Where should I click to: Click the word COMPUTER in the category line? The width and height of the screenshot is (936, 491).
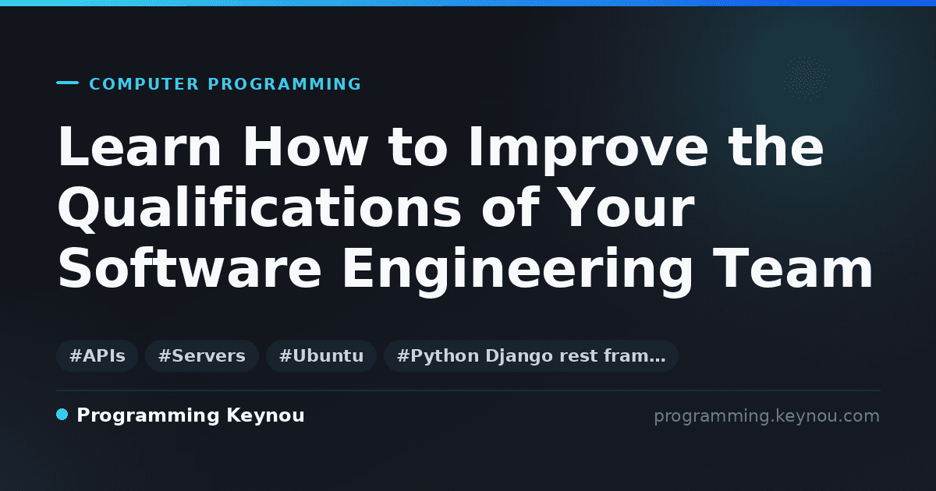[x=144, y=84]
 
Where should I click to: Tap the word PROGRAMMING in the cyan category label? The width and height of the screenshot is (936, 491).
[x=284, y=84]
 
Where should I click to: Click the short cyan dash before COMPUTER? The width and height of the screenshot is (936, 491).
[x=67, y=83]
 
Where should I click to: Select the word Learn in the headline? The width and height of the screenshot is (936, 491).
[x=139, y=147]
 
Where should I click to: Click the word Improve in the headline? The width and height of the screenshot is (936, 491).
[x=588, y=149]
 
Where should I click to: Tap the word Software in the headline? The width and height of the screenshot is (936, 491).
[x=190, y=267]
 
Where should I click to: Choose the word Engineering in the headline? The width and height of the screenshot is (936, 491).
[x=517, y=271]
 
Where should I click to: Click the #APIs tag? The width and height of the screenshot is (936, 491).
[x=97, y=355]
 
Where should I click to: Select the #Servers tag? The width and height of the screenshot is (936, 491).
[x=202, y=355]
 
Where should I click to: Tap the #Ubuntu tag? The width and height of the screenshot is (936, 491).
[x=321, y=355]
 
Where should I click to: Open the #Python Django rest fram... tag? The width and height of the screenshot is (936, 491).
[x=530, y=355]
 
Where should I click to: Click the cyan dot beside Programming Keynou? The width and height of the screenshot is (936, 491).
[x=62, y=415]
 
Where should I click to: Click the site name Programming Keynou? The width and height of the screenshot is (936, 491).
[x=190, y=416]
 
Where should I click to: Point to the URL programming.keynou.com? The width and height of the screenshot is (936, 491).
[x=767, y=416]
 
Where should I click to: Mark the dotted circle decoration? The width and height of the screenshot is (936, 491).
[x=807, y=78]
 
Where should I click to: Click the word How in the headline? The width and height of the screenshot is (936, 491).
[x=305, y=147]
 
